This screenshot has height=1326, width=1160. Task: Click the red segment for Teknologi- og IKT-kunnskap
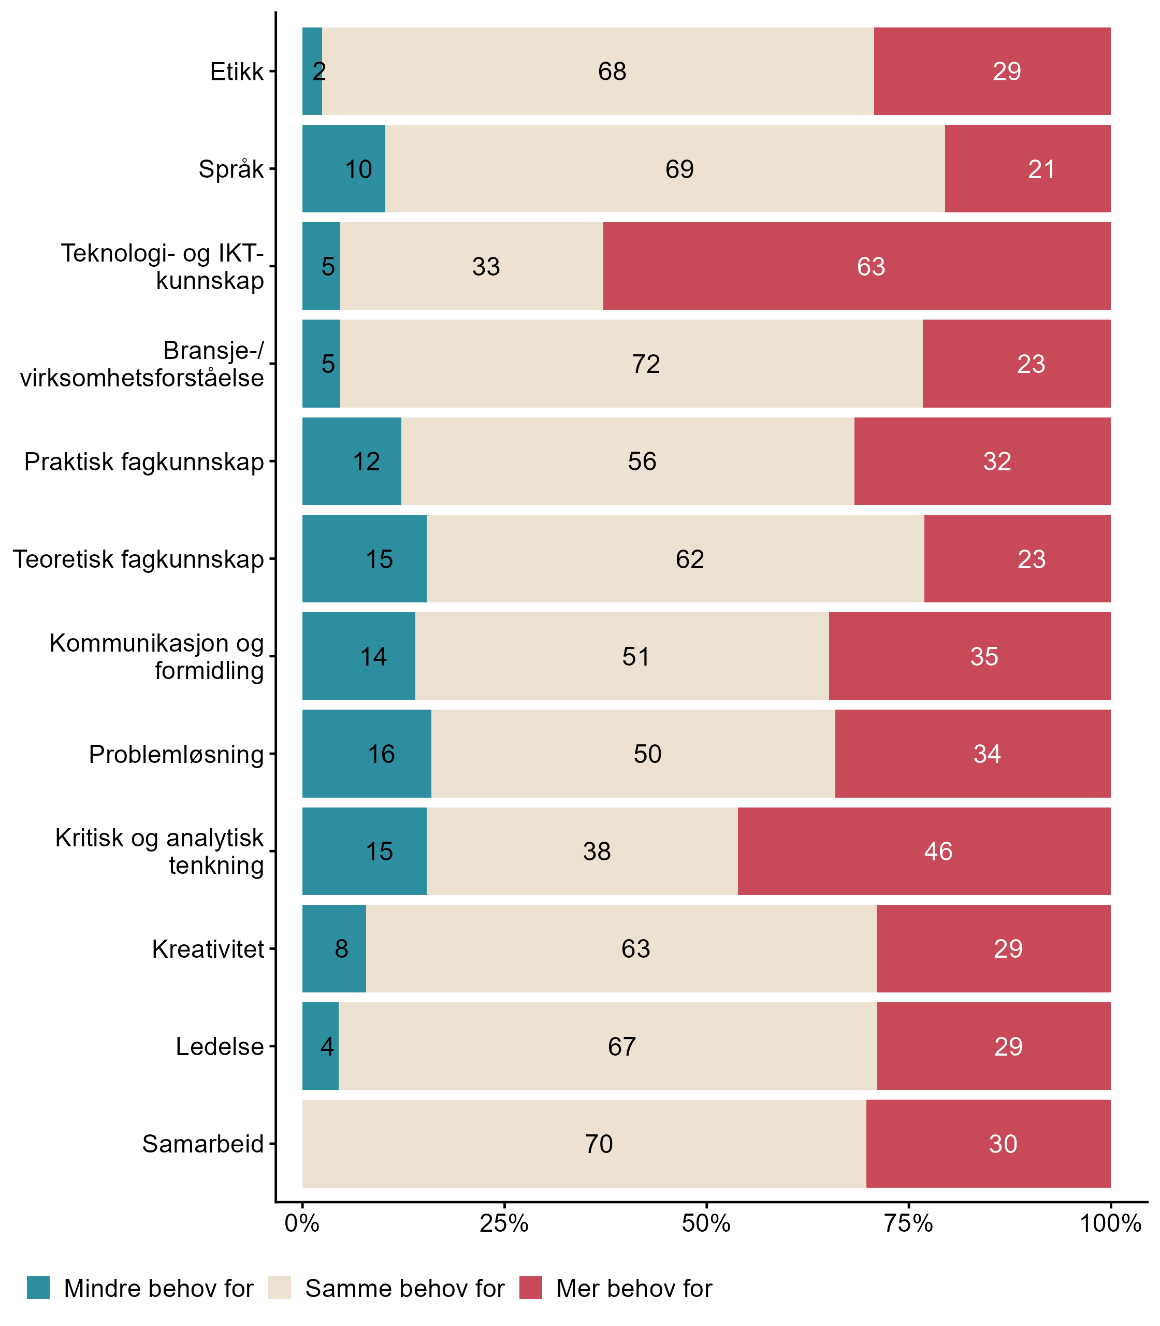pos(857,266)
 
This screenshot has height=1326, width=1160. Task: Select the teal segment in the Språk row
pos(344,168)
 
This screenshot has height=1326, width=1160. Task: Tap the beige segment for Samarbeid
pos(584,1144)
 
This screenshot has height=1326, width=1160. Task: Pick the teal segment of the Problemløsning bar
pos(367,754)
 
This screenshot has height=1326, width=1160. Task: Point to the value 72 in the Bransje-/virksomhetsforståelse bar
pos(646,364)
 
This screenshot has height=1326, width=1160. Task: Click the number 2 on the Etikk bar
pos(318,71)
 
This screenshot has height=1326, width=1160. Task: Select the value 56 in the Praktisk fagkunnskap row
pos(642,461)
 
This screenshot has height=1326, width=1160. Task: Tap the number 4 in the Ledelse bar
pos(327,1046)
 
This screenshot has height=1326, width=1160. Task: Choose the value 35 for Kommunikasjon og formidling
pos(984,657)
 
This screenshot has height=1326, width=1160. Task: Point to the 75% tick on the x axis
pos(908,1223)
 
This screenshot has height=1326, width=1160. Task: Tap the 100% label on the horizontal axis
pos(1109,1223)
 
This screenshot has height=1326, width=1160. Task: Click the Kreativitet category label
pos(208,949)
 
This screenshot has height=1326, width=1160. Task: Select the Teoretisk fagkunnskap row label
pos(139,559)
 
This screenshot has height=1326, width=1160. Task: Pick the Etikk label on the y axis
pos(237,71)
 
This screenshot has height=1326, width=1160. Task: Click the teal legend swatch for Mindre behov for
pos(38,1288)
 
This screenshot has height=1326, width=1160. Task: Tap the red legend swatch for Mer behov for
pos(530,1288)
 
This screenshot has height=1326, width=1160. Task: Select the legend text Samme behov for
pos(404,1289)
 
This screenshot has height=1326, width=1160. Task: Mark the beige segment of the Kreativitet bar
pos(621,948)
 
